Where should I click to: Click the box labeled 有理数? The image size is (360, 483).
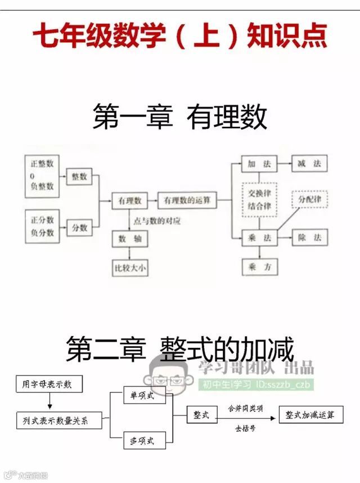pos(129,200)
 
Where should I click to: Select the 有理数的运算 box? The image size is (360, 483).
pos(187,200)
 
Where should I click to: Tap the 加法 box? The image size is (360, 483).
pos(259,164)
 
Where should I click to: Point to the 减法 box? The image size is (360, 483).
pos(309,164)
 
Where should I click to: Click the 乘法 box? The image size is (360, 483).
pos(259,238)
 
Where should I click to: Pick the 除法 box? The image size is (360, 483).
pos(309,238)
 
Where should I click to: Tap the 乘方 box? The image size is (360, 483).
pos(259,267)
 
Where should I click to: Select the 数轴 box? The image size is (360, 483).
pos(129,239)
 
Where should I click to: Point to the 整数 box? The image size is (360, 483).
pos(79,177)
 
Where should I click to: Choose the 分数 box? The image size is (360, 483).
pos(79,227)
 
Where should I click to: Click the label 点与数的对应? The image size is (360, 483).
pos(158,221)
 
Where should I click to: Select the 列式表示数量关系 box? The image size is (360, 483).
pos(58,420)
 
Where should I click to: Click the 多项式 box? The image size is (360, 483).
pos(145,440)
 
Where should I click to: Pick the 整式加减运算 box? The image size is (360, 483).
pos(310,415)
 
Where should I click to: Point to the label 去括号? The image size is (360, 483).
pos(245,428)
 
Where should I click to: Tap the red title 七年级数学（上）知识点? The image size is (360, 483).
pos(180,37)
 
